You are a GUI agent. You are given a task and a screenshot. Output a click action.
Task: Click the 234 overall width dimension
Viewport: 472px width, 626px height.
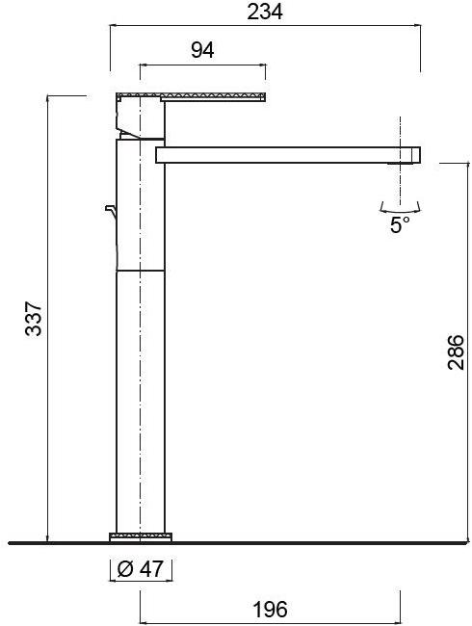point(265,12)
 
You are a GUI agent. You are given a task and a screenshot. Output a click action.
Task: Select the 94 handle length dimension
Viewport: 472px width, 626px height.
point(202,50)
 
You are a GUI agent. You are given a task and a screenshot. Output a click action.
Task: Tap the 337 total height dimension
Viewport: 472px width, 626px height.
point(34,319)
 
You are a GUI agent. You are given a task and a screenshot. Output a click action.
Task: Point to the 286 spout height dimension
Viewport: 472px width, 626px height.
point(456,352)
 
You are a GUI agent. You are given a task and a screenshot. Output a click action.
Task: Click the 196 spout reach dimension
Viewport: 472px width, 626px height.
point(270,610)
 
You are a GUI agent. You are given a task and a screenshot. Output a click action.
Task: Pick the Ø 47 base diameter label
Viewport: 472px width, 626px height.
point(141,568)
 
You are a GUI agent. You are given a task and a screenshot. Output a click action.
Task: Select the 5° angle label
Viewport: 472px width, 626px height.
point(400,224)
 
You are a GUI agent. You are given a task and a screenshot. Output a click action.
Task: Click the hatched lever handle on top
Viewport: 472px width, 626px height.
point(192,96)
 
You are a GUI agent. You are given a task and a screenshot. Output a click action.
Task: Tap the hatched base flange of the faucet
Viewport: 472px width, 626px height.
point(141,536)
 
